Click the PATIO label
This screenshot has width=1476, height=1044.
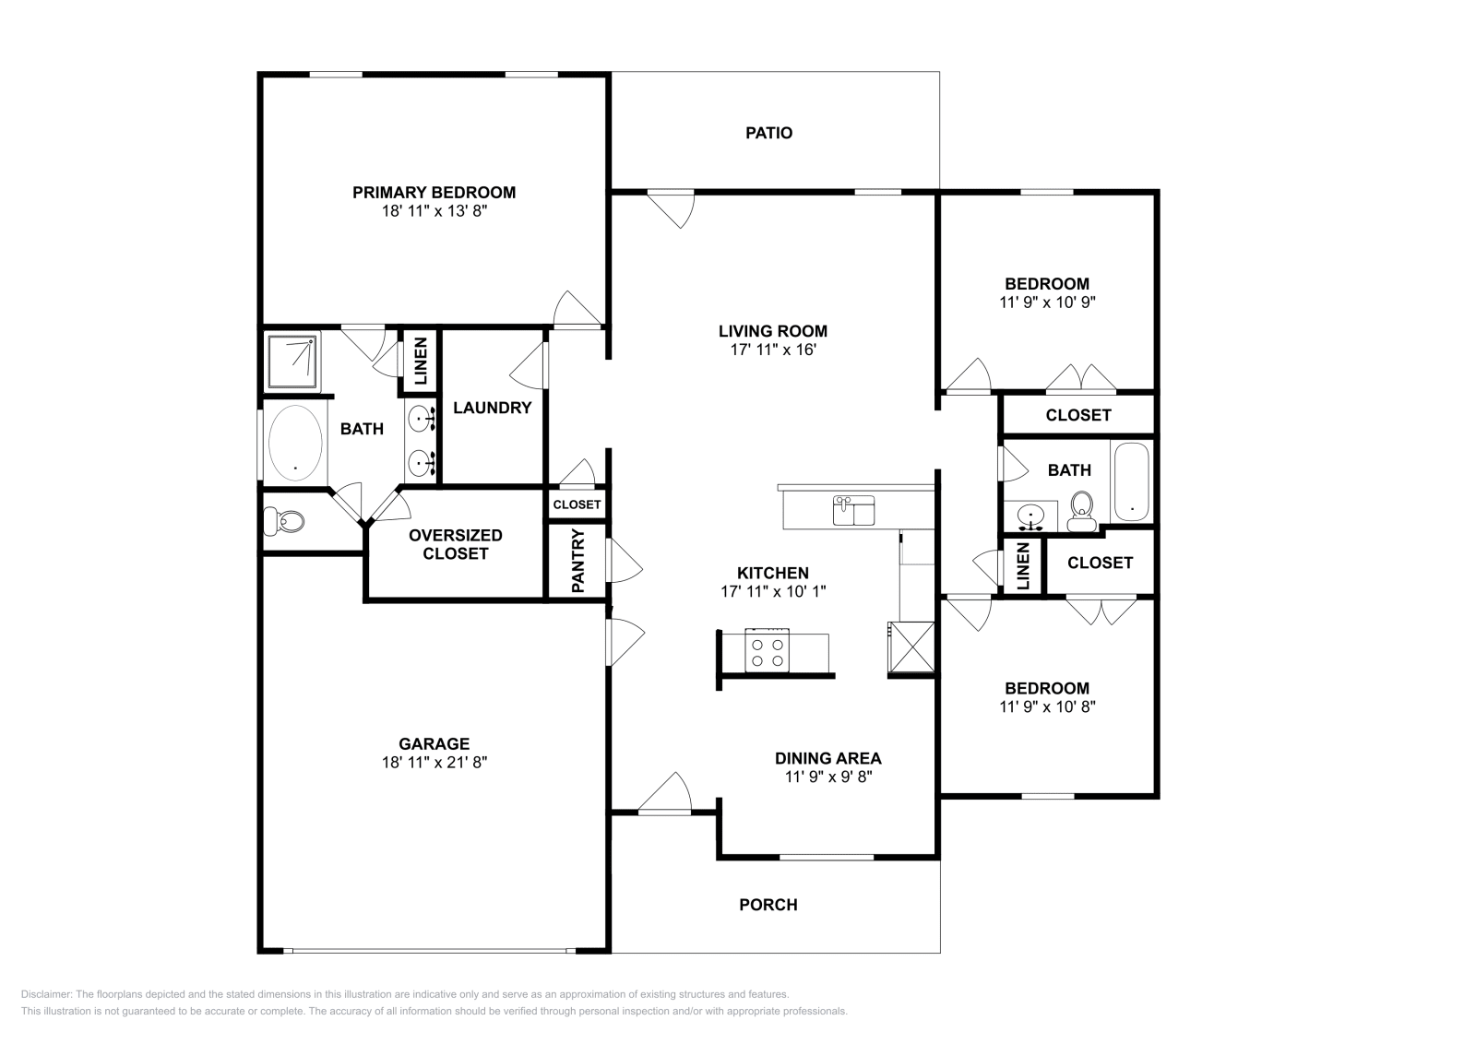(x=768, y=133)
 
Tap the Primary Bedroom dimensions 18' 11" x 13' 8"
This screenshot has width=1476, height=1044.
(x=434, y=211)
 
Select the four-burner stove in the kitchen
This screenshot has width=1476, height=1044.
(x=768, y=652)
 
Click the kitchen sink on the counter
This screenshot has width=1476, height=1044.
(x=854, y=511)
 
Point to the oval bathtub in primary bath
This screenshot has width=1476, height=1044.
(x=295, y=441)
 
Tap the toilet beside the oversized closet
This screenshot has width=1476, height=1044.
(x=284, y=522)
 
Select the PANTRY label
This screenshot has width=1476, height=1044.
(x=578, y=560)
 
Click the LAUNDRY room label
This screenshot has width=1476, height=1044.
(x=492, y=408)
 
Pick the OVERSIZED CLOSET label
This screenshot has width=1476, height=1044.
(x=455, y=544)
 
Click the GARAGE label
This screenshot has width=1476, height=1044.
(x=434, y=743)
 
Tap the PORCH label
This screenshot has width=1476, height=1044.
(x=768, y=905)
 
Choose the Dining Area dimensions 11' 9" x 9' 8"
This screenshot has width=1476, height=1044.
(x=827, y=777)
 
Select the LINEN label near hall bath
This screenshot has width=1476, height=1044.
(x=1022, y=565)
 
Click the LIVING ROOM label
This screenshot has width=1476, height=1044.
(x=772, y=331)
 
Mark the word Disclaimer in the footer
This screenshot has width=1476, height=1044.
(x=45, y=994)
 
